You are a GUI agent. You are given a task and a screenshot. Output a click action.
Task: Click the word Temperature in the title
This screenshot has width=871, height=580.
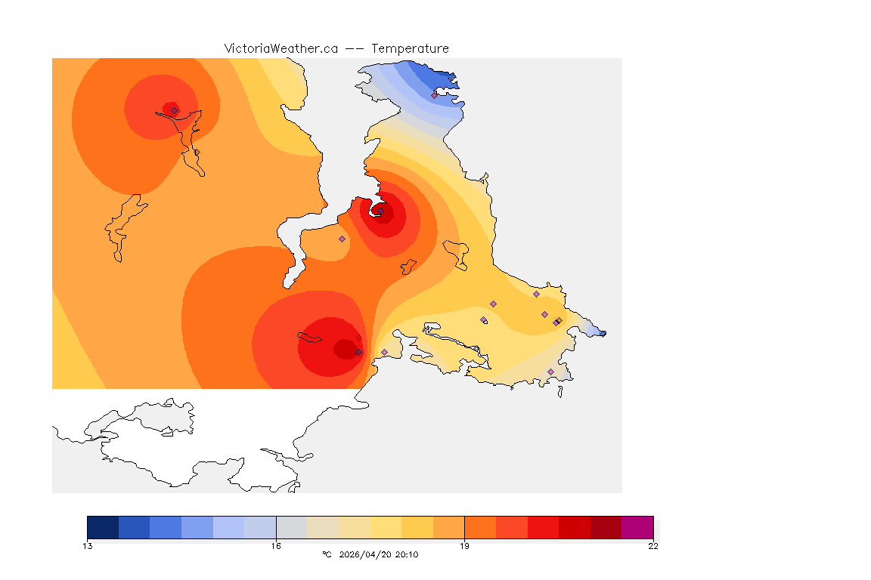(x=410, y=48)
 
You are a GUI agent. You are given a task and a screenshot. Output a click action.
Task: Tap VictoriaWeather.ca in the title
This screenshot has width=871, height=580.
(x=281, y=48)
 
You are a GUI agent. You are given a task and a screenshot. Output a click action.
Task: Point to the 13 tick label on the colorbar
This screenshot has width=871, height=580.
(x=88, y=546)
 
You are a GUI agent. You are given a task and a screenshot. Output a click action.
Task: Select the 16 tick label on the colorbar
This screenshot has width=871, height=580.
(x=276, y=546)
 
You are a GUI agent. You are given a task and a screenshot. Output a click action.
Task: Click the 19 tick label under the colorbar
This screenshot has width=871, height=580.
(x=464, y=546)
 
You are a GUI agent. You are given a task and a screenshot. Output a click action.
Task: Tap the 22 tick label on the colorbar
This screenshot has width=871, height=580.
(x=653, y=546)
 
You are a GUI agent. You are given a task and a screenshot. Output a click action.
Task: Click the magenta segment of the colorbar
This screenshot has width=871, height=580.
(x=637, y=527)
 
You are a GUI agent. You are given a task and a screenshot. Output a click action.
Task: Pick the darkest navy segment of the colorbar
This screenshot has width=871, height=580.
(x=103, y=527)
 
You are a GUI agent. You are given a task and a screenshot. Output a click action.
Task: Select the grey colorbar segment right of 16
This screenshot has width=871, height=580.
(x=292, y=527)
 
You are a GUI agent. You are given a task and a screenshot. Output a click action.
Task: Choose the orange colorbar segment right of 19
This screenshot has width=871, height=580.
(x=480, y=527)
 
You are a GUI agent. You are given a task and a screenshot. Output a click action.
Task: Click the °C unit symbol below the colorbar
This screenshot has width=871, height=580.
(x=327, y=555)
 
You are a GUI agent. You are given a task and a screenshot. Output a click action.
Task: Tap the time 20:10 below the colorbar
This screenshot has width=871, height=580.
(x=406, y=555)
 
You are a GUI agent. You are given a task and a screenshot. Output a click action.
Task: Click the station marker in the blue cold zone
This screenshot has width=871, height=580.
(x=434, y=95)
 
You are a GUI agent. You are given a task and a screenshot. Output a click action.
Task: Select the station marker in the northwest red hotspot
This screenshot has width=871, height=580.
(x=175, y=110)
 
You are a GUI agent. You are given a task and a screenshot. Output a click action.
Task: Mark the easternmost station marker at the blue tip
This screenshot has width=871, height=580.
(x=603, y=333)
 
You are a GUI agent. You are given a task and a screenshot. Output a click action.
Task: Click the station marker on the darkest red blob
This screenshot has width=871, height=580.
(x=358, y=352)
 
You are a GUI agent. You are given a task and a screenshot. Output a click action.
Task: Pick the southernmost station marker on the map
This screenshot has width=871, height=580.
(x=550, y=372)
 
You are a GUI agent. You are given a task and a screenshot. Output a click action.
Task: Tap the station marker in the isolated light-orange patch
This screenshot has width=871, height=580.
(x=342, y=239)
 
